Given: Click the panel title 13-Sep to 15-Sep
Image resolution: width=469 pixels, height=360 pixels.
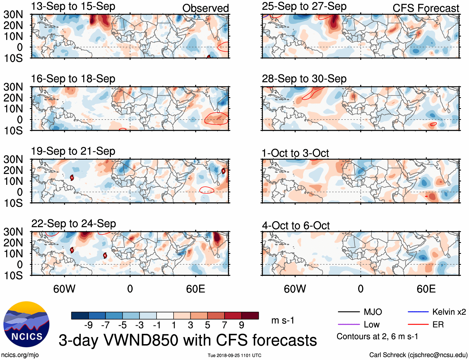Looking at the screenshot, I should (x=73, y=6).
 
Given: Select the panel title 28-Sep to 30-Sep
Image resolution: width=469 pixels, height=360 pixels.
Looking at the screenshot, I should (x=304, y=79).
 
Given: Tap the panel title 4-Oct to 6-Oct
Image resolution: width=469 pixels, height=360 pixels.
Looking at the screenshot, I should (x=296, y=226).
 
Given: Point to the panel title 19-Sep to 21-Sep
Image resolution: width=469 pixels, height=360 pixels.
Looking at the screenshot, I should (x=73, y=151).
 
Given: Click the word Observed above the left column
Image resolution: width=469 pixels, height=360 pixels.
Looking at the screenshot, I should (x=205, y=8).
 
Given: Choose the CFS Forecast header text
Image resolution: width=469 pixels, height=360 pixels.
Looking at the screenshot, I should (x=426, y=8).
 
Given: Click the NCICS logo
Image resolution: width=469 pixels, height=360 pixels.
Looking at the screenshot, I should (x=26, y=324).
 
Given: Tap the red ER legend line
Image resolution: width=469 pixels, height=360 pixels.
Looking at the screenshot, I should (x=418, y=325).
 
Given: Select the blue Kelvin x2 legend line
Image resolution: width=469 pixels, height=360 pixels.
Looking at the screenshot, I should (x=418, y=312).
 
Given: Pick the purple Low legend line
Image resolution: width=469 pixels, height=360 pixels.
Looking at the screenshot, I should (x=348, y=325).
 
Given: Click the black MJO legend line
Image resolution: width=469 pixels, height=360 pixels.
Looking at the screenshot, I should (x=348, y=312).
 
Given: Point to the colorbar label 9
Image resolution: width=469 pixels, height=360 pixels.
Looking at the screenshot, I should (x=241, y=325).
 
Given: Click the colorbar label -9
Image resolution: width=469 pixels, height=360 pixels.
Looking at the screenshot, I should (x=88, y=325).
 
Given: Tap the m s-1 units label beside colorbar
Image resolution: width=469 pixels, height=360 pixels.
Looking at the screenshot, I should (x=283, y=320).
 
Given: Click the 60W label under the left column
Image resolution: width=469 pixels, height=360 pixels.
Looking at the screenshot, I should (x=64, y=289).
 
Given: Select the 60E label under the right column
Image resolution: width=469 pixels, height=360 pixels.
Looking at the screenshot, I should (x=426, y=289).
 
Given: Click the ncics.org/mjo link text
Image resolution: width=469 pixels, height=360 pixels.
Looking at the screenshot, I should (x=20, y=355).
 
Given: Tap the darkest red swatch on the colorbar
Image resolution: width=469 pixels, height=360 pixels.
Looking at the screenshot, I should (x=250, y=316).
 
